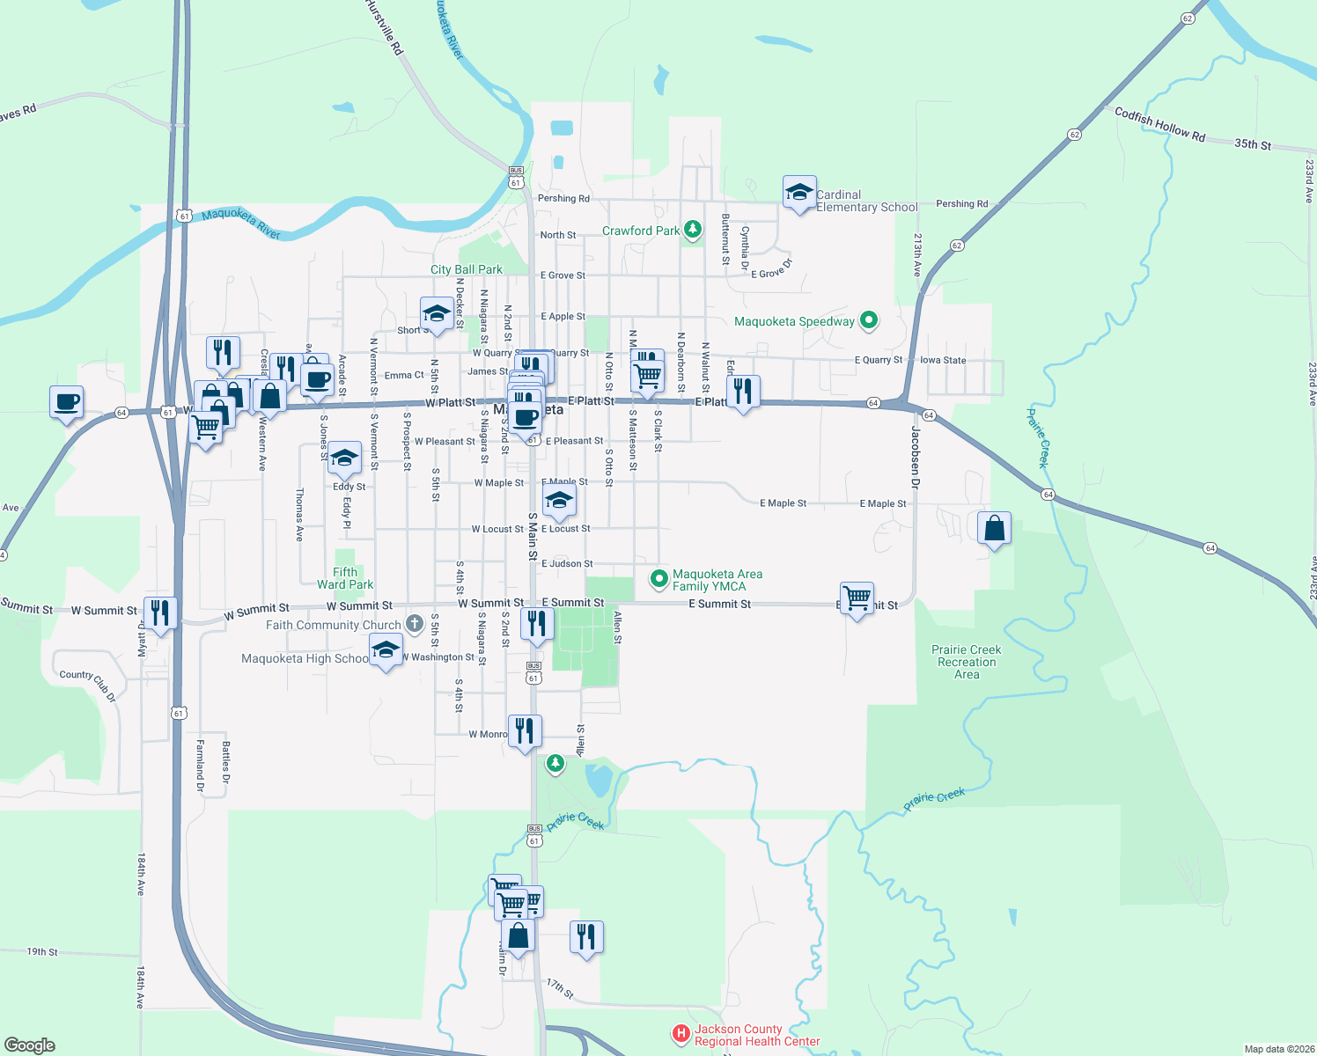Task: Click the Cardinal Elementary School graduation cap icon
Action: [799, 193]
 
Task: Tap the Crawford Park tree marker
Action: [693, 231]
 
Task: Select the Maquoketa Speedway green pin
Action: [869, 321]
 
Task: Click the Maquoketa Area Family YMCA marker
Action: [658, 579]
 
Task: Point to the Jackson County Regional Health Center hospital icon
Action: [681, 1034]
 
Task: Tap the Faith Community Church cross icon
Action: [415, 624]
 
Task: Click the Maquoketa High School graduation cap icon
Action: [386, 651]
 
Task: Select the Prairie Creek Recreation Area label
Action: [967, 662]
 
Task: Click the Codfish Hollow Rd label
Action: [1159, 124]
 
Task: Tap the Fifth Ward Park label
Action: [345, 578]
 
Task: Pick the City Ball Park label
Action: [467, 269]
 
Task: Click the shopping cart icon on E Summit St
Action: [857, 598]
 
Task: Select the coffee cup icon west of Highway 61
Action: [67, 402]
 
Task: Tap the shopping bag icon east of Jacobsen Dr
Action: [994, 528]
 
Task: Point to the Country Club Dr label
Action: [87, 685]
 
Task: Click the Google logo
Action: [30, 1045]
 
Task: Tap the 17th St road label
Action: [559, 988]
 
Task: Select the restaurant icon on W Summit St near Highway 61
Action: [160, 612]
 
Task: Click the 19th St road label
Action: [42, 951]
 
